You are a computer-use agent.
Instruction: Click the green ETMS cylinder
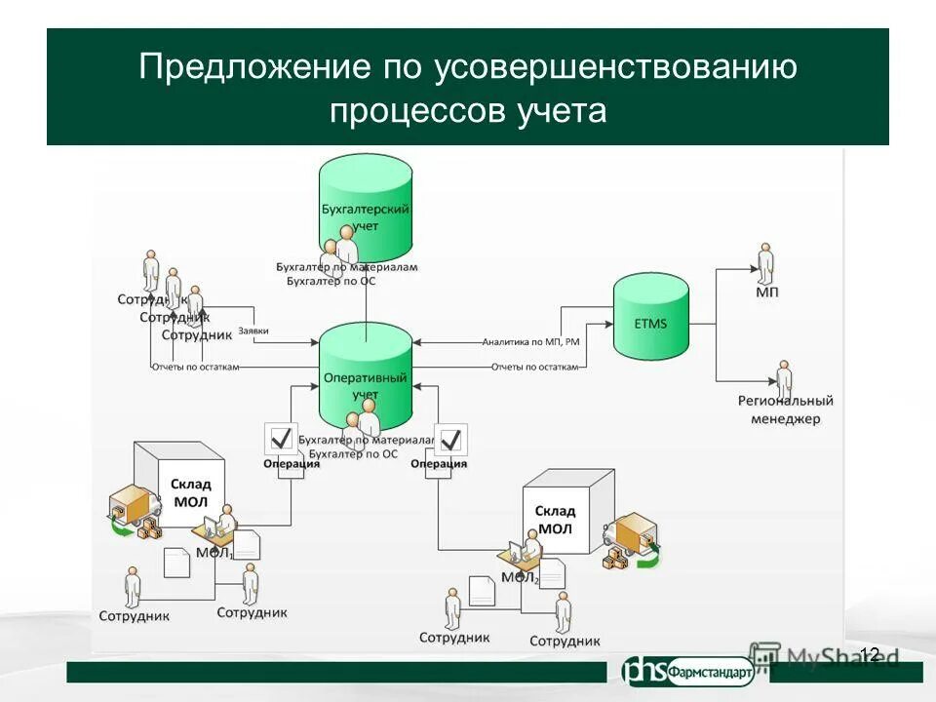coord(650,317)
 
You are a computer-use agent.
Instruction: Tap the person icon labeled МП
coord(765,261)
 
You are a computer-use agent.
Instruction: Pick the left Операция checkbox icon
coord(281,439)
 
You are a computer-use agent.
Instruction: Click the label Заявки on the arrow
coord(253,331)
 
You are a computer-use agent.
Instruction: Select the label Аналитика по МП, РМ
coord(530,342)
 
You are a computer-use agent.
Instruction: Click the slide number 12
coord(870,654)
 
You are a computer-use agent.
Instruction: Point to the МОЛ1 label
coord(214,553)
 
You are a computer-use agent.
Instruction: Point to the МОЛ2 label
coord(520,577)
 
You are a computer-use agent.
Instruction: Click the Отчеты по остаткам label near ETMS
coord(534,368)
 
